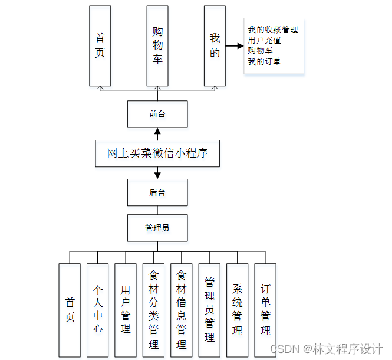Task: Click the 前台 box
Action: [157, 114]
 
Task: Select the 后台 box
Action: [157, 192]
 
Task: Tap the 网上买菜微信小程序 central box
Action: [157, 153]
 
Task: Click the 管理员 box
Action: [157, 227]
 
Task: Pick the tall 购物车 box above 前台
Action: [157, 46]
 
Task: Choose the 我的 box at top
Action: [215, 46]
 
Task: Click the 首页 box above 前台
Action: [100, 46]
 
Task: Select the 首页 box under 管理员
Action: [70, 309]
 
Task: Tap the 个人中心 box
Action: [97, 309]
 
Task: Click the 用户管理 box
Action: [126, 309]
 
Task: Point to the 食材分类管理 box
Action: [153, 309]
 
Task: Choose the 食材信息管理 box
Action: [182, 309]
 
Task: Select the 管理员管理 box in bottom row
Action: [209, 309]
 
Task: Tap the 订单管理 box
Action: [265, 309]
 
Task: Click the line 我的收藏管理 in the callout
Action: [272, 30]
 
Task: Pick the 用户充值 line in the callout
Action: [264, 40]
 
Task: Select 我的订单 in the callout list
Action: [264, 61]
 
